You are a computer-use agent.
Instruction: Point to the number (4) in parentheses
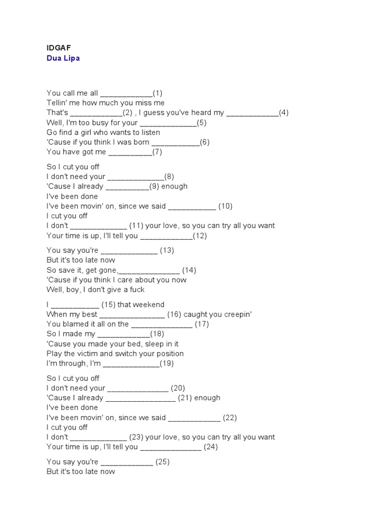(284, 113)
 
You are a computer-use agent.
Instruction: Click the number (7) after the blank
(157, 152)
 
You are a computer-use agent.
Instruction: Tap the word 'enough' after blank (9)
(175, 186)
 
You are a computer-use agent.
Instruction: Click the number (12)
(200, 236)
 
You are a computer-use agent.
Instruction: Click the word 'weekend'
(148, 304)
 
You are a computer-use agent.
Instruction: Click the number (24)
(211, 447)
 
